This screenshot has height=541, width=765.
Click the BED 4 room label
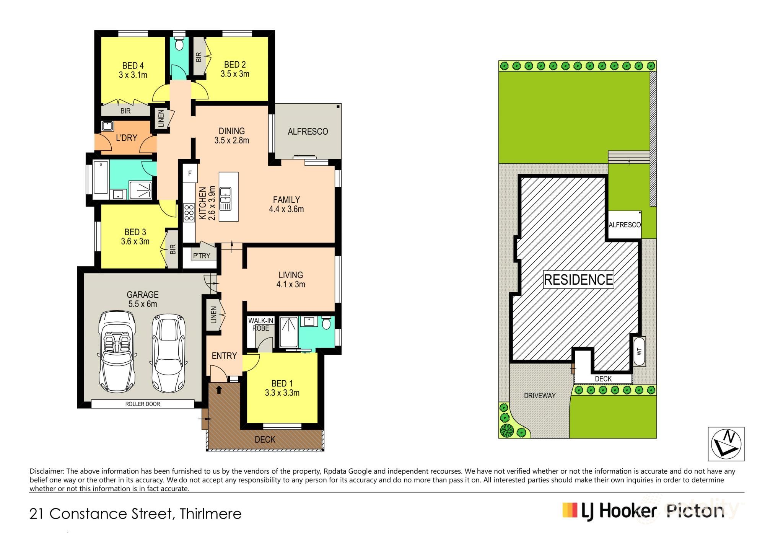tap(133, 66)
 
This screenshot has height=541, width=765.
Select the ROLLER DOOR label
tap(142, 404)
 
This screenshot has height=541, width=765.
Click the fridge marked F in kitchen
tap(190, 174)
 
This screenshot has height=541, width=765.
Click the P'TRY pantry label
tap(202, 256)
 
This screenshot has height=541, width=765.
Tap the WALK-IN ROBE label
tap(260, 324)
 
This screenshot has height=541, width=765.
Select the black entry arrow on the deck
tap(219, 390)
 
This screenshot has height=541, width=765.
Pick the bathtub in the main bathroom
tap(101, 178)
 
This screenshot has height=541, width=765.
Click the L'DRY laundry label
tap(126, 138)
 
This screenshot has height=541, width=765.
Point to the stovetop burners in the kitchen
tap(189, 213)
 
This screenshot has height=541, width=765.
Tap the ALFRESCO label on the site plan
tap(625, 225)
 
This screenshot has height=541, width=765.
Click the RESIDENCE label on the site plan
tap(578, 280)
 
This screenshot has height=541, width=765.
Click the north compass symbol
tap(726, 444)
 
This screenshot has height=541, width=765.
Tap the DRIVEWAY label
tap(539, 396)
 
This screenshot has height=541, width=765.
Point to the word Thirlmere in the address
tap(211, 513)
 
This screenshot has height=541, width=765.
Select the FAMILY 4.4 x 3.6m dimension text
tap(286, 209)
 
